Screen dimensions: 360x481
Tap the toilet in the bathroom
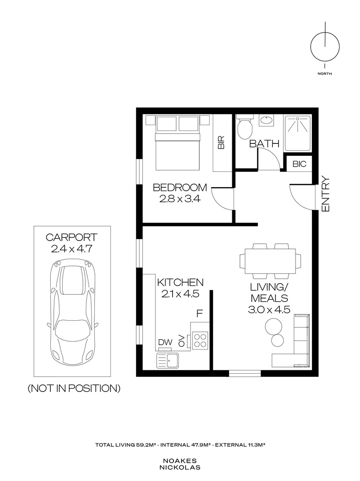pyautogui.click(x=245, y=126)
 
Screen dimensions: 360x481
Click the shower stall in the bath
pyautogui.click(x=298, y=133)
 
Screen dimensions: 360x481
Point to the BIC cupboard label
pyautogui.click(x=299, y=164)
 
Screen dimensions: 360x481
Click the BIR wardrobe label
pyautogui.click(x=221, y=143)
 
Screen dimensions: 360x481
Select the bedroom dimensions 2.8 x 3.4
pyautogui.click(x=180, y=199)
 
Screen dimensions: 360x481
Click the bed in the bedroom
pyautogui.click(x=178, y=143)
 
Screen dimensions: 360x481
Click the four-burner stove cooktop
pyautogui.click(x=200, y=340)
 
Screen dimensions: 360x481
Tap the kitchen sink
pyautogui.click(x=168, y=360)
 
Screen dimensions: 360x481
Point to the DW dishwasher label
pyautogui.click(x=166, y=342)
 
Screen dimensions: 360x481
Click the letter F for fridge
pyautogui.click(x=199, y=314)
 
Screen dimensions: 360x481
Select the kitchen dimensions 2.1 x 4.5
pyautogui.click(x=180, y=294)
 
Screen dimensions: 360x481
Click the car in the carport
pyautogui.click(x=72, y=311)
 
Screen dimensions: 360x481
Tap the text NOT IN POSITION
pyautogui.click(x=74, y=388)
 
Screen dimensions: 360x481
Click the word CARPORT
pyautogui.click(x=71, y=237)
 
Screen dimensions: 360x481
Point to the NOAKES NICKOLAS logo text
pyautogui.click(x=180, y=464)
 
